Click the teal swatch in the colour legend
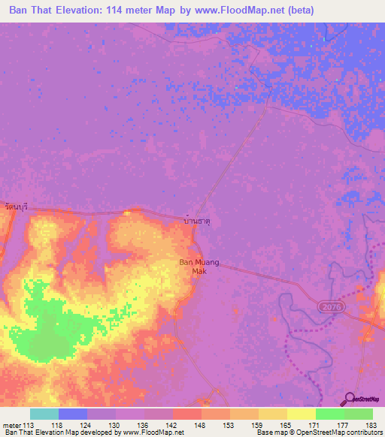tap(44, 414)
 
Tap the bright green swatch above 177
tap(329, 414)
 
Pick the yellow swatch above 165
tap(272, 414)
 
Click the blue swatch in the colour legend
tap(73, 414)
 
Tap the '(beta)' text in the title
tap(299, 11)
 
